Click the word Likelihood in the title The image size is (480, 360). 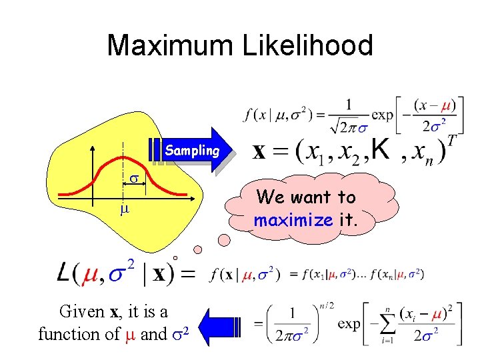tap(309, 46)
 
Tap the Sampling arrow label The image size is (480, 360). tap(192, 151)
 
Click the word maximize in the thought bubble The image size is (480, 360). tap(293, 219)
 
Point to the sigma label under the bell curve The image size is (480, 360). tap(133, 180)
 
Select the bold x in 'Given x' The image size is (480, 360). tap(114, 312)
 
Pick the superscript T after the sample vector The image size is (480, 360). tap(451, 141)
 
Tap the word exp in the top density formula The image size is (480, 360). tap(381, 114)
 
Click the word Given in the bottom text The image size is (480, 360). tap(82, 312)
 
